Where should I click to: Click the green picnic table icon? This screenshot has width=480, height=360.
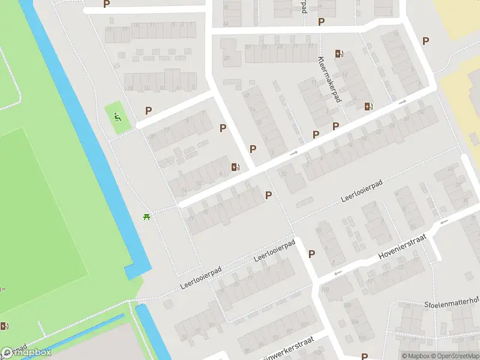pos(146,217)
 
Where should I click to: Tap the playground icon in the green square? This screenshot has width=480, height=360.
pos(118,116)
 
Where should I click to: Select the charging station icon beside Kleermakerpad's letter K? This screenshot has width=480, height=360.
pos(340,54)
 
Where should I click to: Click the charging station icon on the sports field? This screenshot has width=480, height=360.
pos(5,326)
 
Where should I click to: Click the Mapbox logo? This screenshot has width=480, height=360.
pos(25,353)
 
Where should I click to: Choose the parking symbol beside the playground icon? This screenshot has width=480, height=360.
pos(148,110)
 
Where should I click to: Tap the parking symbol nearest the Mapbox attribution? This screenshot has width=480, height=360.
pos(364,356)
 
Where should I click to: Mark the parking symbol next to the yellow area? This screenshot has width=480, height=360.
pos(426,41)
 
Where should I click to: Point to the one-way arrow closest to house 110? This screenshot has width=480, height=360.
pos(338,273)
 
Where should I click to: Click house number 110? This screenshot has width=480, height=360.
pos(326,290)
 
